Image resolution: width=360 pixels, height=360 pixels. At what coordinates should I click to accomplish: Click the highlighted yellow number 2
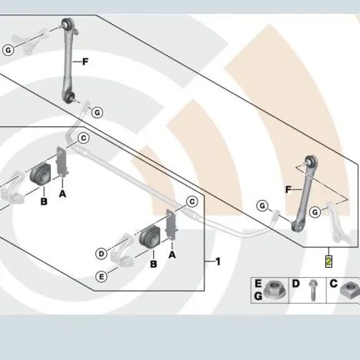(x=328, y=262)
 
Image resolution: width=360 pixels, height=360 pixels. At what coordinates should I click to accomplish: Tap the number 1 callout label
(x=218, y=262)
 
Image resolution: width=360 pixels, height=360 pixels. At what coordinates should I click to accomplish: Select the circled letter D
(x=102, y=254)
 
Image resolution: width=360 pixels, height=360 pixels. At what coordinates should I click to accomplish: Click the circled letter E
(x=102, y=277)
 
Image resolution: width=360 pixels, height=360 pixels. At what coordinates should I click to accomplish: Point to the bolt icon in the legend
(x=313, y=290)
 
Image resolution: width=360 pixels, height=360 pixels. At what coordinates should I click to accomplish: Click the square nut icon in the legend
(x=350, y=290)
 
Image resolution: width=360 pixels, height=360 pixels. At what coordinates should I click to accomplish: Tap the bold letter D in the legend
(x=295, y=284)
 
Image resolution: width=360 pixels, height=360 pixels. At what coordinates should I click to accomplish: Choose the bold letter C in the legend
(x=333, y=284)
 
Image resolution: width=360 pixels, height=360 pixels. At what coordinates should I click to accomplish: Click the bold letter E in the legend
(x=258, y=284)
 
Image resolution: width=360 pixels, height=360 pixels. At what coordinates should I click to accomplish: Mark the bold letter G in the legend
(x=258, y=296)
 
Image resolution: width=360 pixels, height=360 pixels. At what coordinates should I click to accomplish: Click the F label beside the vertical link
(x=85, y=62)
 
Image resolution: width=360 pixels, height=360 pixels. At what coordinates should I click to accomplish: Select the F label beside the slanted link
(x=288, y=190)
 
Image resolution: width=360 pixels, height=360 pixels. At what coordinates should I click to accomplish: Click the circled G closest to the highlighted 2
(x=315, y=212)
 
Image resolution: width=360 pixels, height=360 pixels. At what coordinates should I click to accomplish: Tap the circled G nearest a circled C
(x=97, y=112)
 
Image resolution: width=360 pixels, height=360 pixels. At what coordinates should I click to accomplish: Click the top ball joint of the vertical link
(x=68, y=23)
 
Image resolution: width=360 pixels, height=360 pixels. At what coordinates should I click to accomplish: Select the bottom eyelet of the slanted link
(x=296, y=225)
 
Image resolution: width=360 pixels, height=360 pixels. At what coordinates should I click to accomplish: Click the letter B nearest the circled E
(x=153, y=264)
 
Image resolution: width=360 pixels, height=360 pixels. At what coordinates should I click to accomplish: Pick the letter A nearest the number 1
(x=172, y=255)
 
